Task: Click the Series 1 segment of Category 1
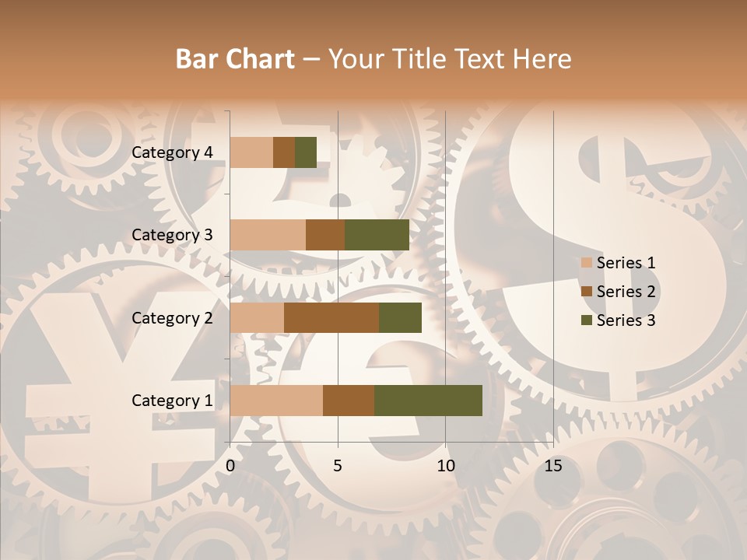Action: (x=276, y=401)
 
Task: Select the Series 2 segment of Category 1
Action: (x=349, y=401)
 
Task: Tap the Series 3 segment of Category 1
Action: (x=428, y=401)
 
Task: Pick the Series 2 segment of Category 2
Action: (x=331, y=317)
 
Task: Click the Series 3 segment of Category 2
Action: (x=400, y=317)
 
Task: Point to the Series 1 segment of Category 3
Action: (x=268, y=235)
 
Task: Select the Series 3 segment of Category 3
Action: (x=377, y=235)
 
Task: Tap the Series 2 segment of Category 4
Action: (x=284, y=152)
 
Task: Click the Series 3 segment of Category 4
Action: (x=306, y=152)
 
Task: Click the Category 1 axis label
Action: (x=171, y=401)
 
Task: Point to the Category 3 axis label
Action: (x=171, y=235)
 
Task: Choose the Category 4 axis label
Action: (x=171, y=152)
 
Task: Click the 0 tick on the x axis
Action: (x=230, y=466)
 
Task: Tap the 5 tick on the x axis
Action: (x=338, y=466)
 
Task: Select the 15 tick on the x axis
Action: (x=553, y=466)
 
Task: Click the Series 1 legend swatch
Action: (x=587, y=263)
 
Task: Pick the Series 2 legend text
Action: (x=626, y=292)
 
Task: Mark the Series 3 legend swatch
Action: (x=587, y=320)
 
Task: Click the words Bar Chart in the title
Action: (x=235, y=59)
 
